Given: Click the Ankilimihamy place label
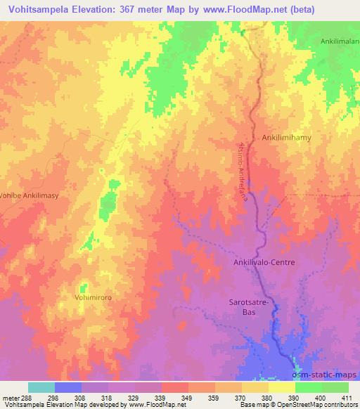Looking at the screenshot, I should (286, 138).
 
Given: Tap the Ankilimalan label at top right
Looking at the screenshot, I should (340, 42).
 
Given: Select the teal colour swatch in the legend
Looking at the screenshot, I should (41, 387).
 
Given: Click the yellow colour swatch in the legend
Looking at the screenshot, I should (281, 387).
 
